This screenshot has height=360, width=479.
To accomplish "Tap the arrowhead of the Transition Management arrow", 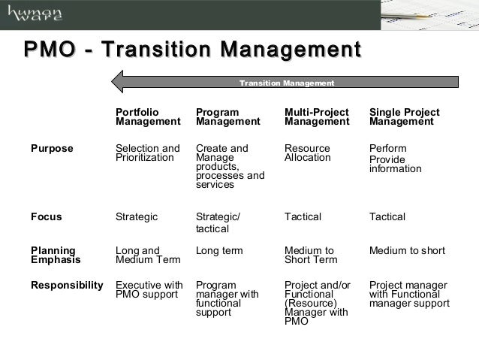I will pos(122,81).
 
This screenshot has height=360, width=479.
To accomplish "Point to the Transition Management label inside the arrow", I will pos(286,82).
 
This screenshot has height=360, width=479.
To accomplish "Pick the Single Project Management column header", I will pos(404,116).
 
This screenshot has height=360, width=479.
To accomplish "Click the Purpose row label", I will pos(52,148).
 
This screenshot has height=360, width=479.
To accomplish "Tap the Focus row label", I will pos(46,217).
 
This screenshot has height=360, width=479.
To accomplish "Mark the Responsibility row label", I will pos(66,286).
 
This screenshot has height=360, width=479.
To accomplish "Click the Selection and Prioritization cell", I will pos(147,153).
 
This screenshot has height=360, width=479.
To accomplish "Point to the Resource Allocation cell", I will pos(308,153).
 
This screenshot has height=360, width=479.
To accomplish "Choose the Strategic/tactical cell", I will pos(218,223).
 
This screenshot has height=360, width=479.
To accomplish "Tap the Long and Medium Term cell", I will pos(147,256).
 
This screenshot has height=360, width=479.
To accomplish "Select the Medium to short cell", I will pos(407,250).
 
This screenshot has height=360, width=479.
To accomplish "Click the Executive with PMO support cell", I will pos(149,291).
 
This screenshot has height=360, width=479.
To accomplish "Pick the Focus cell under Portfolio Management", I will pos(137,217).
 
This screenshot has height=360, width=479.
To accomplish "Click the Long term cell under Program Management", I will pos(218,250).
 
